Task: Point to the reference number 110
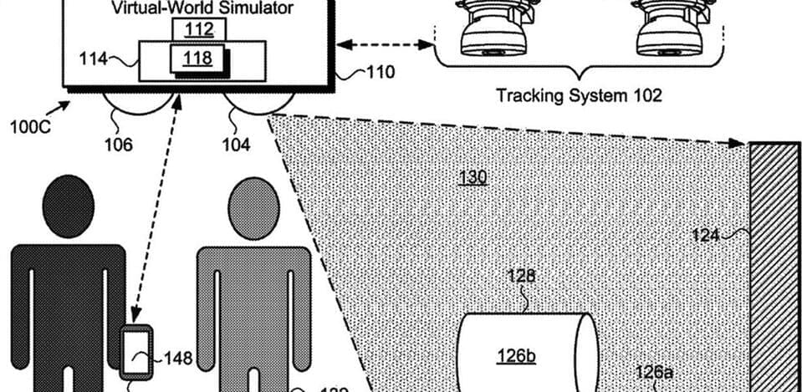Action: coord(381,73)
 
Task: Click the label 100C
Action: coord(28,128)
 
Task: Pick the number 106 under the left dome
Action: coord(118,145)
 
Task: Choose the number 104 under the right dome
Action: coord(235,145)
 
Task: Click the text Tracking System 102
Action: coord(579,95)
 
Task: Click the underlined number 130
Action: coord(473,177)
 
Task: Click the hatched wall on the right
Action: coord(774,267)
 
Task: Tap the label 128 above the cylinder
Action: coord(524,277)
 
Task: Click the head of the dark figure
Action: coord(68,205)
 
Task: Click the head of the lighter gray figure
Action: coord(253,209)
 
